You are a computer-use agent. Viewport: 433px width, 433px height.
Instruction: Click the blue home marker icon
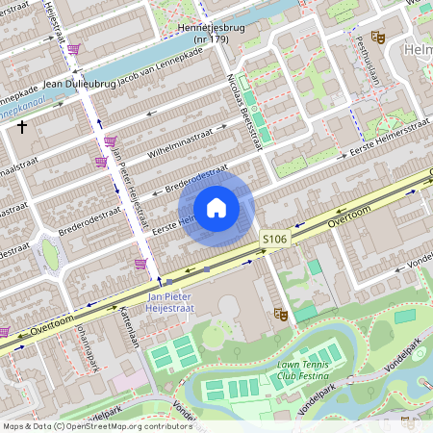tap(216, 207)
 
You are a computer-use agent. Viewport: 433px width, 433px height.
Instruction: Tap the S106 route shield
tap(274, 239)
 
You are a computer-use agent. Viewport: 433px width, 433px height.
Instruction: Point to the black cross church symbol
tap(22, 126)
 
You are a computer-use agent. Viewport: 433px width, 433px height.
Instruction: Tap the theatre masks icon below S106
tap(281, 313)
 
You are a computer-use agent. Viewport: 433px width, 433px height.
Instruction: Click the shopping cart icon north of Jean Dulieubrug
tap(73, 48)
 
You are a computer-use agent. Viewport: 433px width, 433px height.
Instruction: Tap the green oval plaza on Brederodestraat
tap(49, 253)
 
